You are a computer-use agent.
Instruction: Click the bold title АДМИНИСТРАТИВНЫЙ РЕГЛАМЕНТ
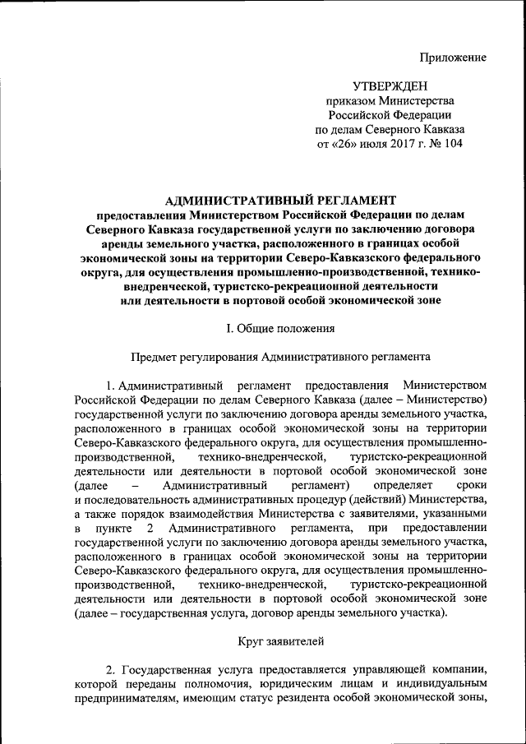[x=280, y=199]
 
